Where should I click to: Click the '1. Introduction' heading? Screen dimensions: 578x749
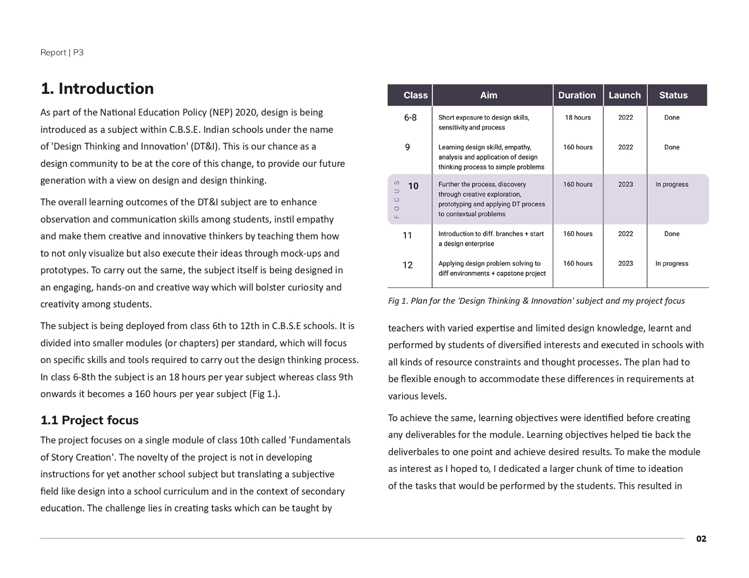(97, 89)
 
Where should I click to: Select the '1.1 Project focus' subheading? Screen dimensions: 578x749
(89, 420)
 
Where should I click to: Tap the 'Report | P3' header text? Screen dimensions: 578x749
(62, 52)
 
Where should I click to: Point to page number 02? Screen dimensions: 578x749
(701, 539)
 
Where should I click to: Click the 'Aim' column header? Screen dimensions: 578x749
(488, 95)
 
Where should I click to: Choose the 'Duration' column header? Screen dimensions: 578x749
(577, 95)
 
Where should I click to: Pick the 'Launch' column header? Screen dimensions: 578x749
(624, 95)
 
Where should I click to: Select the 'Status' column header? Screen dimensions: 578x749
(673, 95)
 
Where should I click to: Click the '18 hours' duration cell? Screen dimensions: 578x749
(578, 118)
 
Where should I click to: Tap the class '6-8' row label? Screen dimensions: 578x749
(410, 118)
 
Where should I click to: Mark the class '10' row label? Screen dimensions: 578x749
(413, 186)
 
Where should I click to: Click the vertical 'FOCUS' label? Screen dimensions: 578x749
(396, 199)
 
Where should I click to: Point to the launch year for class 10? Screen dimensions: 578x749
(625, 185)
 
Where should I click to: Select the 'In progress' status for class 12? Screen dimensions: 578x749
(672, 264)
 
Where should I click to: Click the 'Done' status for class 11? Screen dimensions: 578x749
(672, 234)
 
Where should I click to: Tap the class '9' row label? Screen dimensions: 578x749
(407, 147)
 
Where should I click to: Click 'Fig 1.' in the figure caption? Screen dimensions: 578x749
(398, 301)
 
